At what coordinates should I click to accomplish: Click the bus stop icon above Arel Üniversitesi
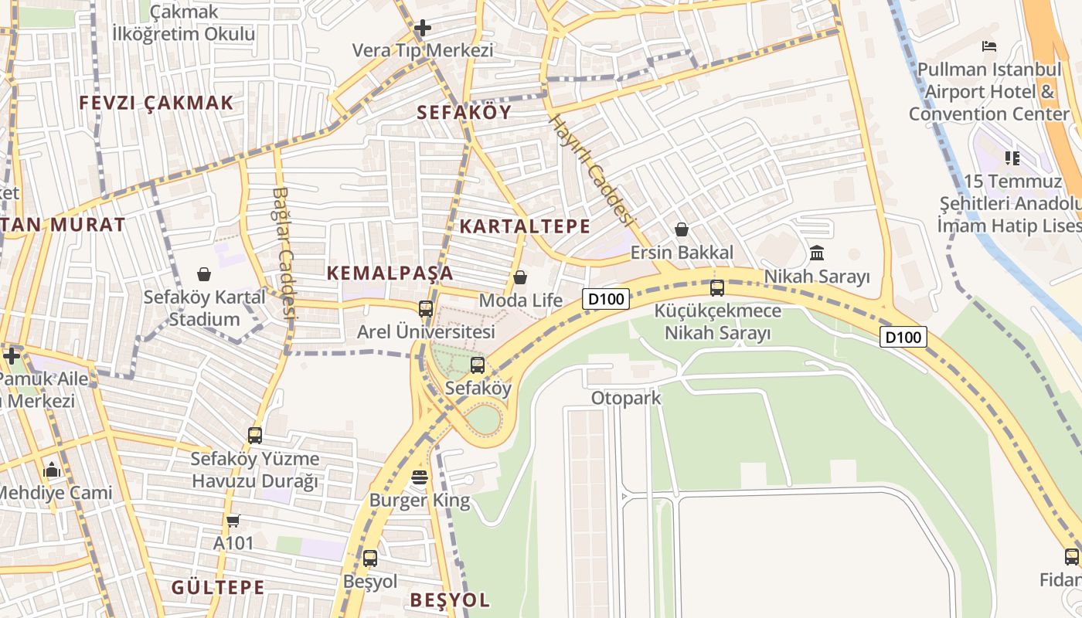(425, 309)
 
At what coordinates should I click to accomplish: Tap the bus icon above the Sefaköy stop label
(478, 365)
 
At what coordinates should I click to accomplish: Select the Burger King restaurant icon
(420, 477)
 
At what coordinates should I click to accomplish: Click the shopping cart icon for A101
(233, 521)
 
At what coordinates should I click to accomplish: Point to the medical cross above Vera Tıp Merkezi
(422, 29)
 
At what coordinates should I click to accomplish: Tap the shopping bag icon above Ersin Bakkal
(682, 229)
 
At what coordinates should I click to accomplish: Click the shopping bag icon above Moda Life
(520, 277)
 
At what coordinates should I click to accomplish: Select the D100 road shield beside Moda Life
(606, 298)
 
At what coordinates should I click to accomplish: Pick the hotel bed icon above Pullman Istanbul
(989, 46)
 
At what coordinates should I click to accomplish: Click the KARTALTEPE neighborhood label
(525, 226)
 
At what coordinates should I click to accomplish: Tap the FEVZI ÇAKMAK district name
(156, 103)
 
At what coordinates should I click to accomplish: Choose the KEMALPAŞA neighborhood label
(390, 273)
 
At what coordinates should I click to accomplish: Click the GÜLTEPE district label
(218, 587)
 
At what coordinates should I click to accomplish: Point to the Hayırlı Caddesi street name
(591, 170)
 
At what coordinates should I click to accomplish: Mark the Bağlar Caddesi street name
(284, 253)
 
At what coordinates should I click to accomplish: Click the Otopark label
(626, 398)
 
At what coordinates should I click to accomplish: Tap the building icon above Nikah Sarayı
(817, 253)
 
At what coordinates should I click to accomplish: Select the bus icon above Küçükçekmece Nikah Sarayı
(717, 288)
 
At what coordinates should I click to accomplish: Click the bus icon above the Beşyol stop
(370, 558)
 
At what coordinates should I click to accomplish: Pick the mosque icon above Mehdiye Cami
(53, 469)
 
